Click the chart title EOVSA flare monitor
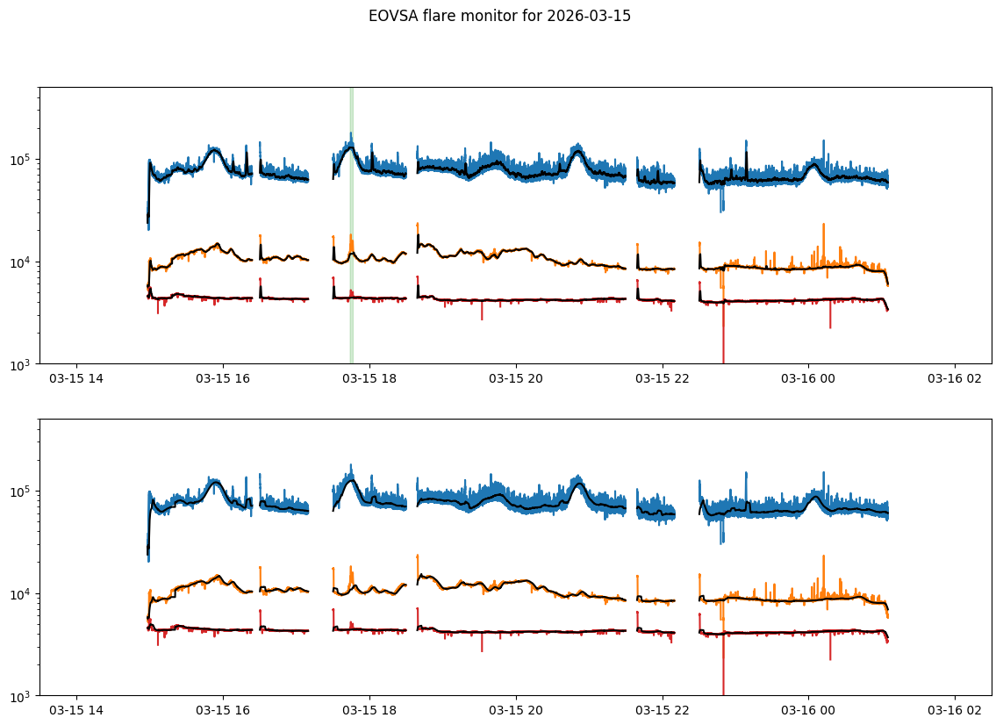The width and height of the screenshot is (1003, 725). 499,16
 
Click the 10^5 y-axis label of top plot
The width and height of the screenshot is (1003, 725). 21,160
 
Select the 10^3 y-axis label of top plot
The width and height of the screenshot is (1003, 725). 21,364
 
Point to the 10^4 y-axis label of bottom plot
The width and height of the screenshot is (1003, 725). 21,594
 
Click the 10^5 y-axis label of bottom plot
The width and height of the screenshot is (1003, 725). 21,492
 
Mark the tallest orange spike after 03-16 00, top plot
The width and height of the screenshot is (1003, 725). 823,225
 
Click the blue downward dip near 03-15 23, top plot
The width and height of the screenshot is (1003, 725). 721,207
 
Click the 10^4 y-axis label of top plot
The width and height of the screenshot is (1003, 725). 21,262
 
